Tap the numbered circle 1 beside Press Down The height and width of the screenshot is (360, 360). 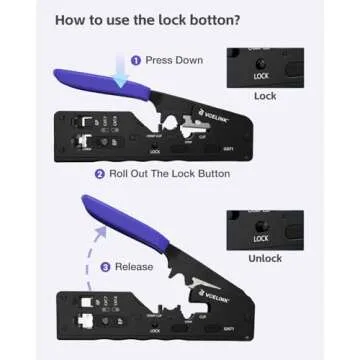[136, 60]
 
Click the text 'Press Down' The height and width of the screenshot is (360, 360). [174, 60]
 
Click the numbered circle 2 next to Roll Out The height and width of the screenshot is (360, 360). [100, 174]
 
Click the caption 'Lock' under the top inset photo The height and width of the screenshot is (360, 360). [265, 96]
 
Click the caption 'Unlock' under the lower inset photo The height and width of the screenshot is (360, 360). [265, 259]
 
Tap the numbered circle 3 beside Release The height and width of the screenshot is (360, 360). [106, 267]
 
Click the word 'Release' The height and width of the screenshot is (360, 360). [135, 267]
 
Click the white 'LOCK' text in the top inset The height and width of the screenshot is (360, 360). [261, 76]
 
